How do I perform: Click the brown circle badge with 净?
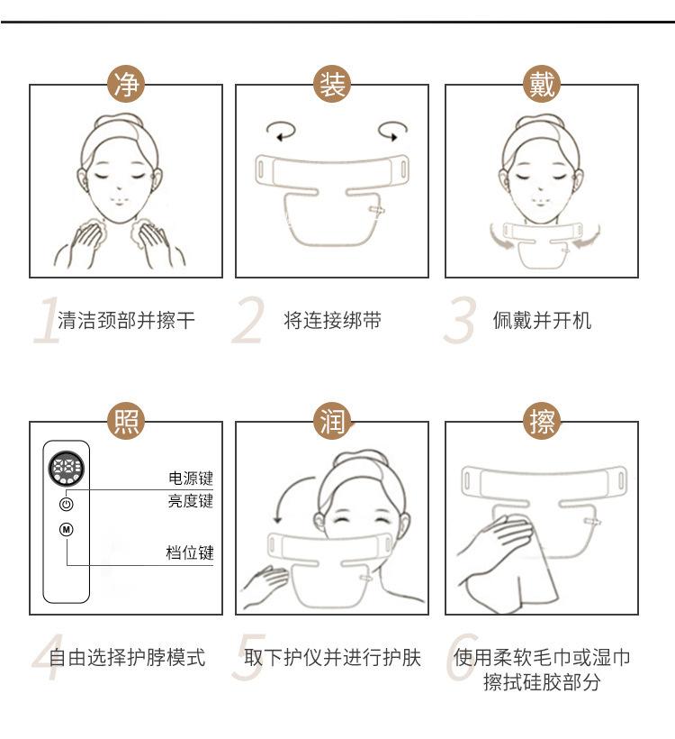(126, 85)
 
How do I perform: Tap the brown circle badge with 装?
(332, 85)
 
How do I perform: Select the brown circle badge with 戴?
(542, 85)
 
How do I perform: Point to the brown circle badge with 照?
(126, 421)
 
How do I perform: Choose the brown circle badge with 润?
(332, 421)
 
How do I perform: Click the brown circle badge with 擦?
(542, 421)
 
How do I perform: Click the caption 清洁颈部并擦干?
(126, 321)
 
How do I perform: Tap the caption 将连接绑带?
(332, 321)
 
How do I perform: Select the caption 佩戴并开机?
(542, 321)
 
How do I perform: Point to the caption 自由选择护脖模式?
(127, 657)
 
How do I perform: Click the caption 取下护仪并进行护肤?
(332, 657)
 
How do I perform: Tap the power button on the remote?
(67, 504)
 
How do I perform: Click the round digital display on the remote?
(67, 469)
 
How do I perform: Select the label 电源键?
(191, 479)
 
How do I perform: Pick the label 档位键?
(190, 552)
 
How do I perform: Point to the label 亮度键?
(191, 500)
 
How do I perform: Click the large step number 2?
(248, 321)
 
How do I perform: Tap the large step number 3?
(459, 321)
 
